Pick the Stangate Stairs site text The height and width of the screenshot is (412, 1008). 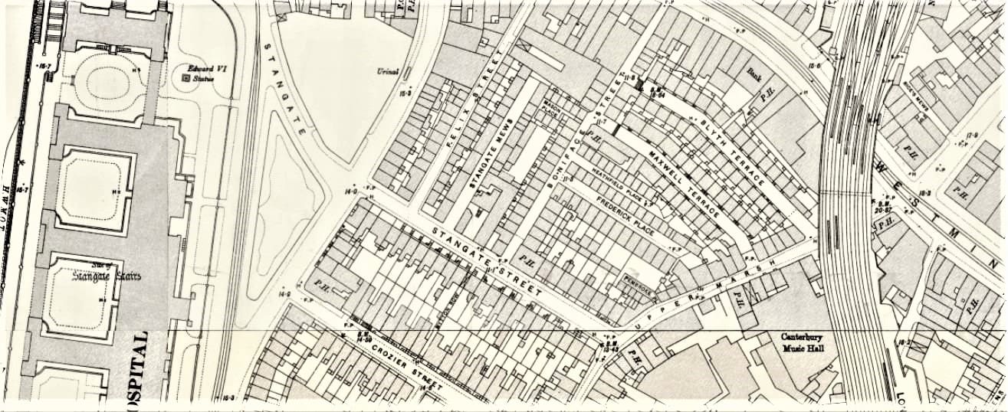[x=107, y=274]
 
